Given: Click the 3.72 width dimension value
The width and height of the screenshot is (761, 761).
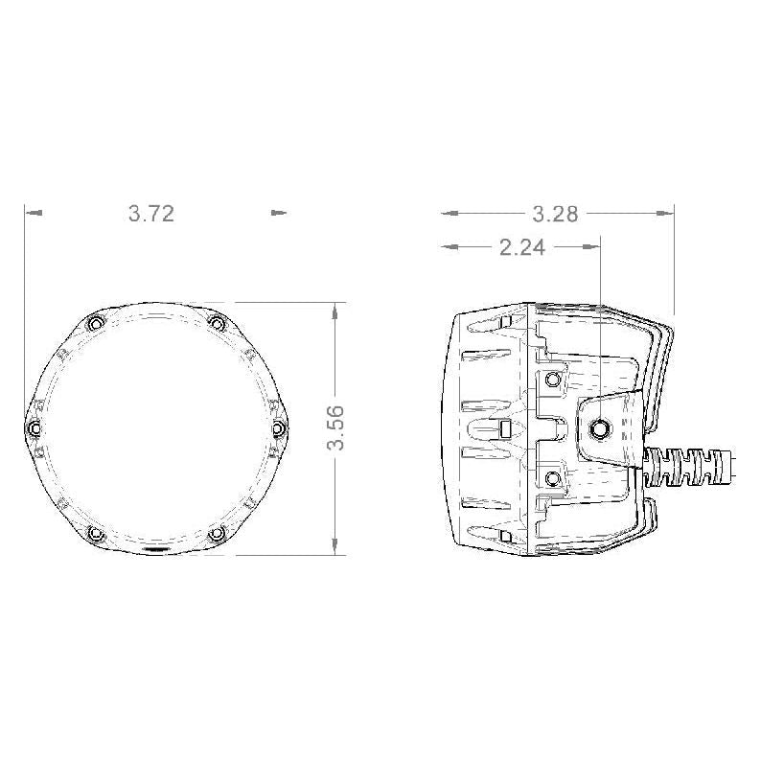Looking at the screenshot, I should [151, 214].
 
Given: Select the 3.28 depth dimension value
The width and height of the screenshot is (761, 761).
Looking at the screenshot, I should [556, 214].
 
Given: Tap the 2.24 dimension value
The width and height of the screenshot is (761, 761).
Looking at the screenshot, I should [521, 248].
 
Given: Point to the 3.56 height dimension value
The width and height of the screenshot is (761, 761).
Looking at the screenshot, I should [335, 428].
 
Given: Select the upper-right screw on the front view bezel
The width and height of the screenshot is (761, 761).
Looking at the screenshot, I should [218, 324].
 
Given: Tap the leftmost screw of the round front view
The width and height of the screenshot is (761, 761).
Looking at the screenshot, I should [34, 427].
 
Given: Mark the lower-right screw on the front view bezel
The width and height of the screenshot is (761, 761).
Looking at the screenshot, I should [218, 533].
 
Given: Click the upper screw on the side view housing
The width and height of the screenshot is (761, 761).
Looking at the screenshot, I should [552, 380].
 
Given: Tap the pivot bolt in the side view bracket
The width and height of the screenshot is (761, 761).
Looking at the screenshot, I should [602, 427].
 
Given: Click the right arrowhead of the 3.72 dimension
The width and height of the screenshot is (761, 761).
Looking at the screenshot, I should [279, 214].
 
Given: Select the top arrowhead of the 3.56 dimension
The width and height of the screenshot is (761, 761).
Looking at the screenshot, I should [334, 309].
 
